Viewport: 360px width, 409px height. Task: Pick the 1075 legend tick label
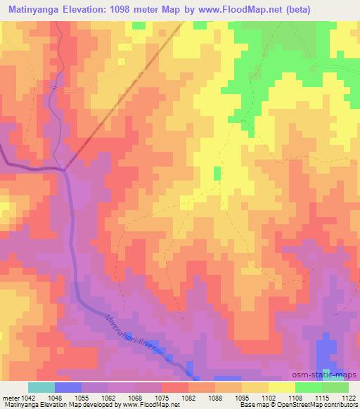(x=161, y=398)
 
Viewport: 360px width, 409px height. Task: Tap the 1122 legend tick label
(x=347, y=398)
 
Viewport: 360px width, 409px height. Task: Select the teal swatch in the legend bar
(x=41, y=387)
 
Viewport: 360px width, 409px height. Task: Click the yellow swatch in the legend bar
(x=281, y=387)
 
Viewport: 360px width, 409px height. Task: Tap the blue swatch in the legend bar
(x=67, y=387)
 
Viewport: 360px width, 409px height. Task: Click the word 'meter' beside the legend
(x=8, y=398)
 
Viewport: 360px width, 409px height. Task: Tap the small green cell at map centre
(x=217, y=173)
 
